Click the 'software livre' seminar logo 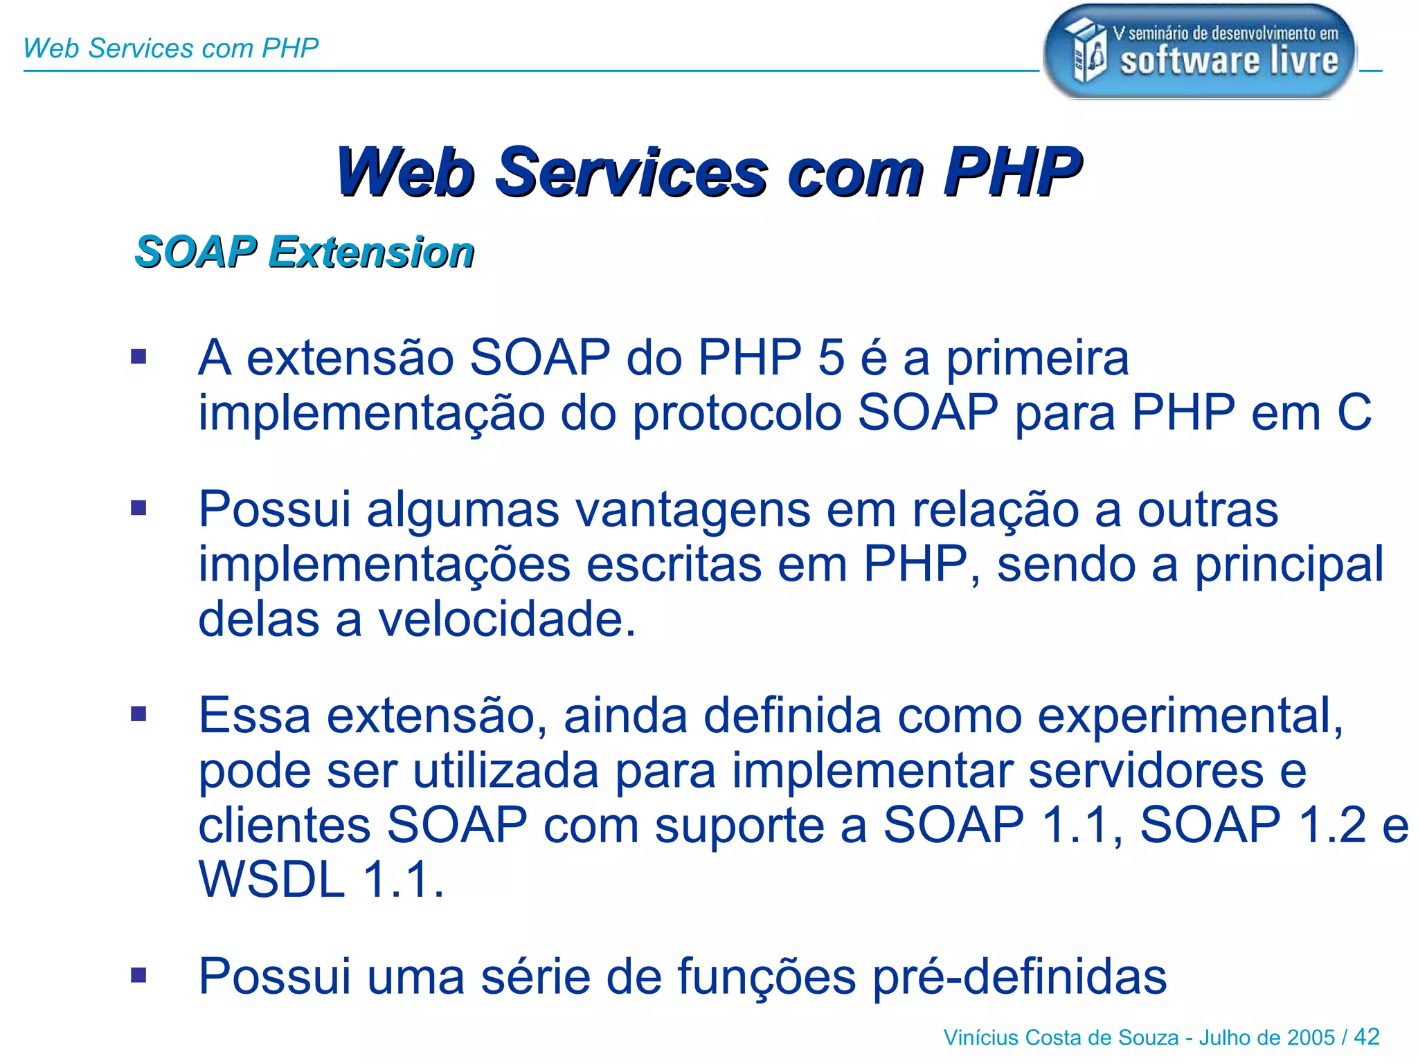(1199, 52)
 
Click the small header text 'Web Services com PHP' (170, 48)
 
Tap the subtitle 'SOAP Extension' (305, 251)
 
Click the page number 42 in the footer (1366, 1037)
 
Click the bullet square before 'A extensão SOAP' (139, 357)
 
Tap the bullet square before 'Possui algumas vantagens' (139, 509)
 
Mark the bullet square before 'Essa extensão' (139, 714)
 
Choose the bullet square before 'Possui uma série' (139, 975)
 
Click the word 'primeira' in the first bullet (1037, 359)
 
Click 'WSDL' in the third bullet (271, 880)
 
